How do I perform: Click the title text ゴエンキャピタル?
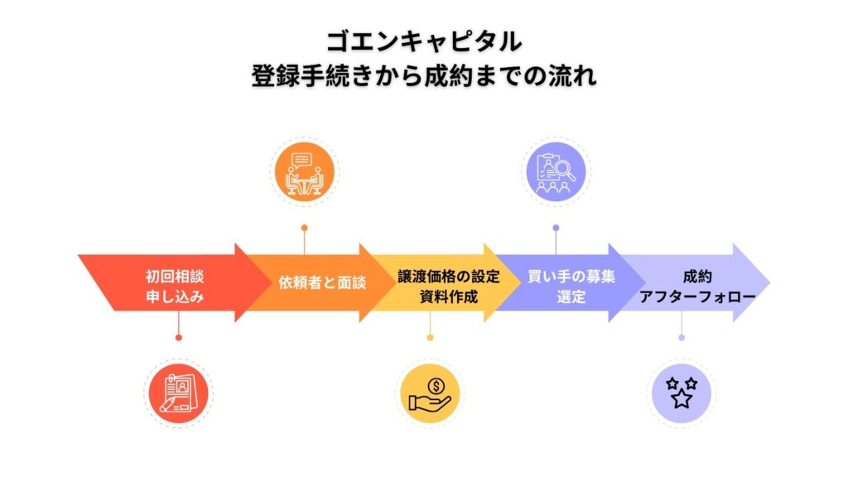[423, 41]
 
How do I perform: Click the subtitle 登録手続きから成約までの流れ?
[423, 75]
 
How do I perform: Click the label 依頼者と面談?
[322, 282]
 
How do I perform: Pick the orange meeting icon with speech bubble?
[303, 172]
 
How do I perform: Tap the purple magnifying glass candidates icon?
[556, 172]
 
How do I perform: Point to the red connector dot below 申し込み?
[178, 337]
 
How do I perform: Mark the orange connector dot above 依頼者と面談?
[304, 227]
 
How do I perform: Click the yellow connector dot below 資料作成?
[430, 337]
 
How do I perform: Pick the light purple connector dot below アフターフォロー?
[682, 337]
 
